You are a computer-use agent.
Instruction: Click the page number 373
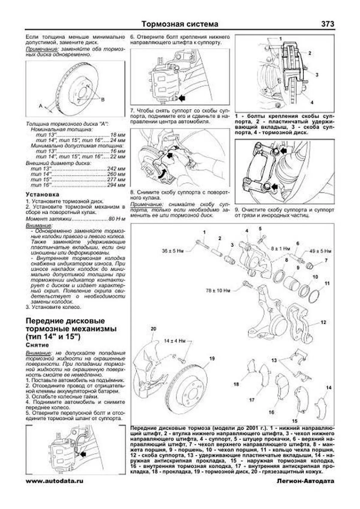click(327, 24)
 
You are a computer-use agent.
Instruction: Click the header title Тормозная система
click(180, 24)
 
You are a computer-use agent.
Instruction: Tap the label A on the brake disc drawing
click(40, 106)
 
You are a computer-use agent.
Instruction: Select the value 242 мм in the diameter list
click(116, 169)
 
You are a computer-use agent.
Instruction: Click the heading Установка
click(42, 194)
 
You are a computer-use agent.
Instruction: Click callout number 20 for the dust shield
click(153, 329)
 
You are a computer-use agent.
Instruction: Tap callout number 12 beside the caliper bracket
click(323, 322)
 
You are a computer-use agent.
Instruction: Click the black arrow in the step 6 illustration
click(181, 98)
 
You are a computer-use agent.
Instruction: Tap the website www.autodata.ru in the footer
click(55, 481)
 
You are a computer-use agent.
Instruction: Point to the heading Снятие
click(37, 345)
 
